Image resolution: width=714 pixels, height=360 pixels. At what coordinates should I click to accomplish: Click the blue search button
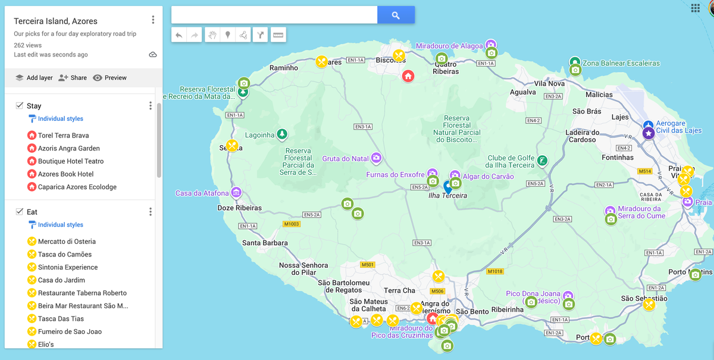coord(396,15)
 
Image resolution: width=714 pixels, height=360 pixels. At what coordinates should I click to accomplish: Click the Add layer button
coord(34,78)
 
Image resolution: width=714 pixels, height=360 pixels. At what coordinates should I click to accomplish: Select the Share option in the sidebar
coord(73,78)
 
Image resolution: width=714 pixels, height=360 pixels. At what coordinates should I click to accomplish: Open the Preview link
coord(110,78)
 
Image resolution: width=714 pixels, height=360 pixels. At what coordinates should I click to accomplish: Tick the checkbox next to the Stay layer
coord(19,106)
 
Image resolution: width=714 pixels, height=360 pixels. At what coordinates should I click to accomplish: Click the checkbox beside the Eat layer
coord(19,212)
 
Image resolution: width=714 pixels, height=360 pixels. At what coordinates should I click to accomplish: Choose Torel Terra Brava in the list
coord(63,136)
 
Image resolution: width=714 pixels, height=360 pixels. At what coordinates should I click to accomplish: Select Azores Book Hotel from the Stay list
coord(65,174)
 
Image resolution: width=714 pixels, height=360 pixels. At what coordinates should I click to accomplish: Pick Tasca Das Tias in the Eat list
coord(61,319)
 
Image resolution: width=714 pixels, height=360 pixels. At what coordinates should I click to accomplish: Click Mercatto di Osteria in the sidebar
coord(67,242)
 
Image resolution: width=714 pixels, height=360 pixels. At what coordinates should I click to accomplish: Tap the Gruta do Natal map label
coord(345,159)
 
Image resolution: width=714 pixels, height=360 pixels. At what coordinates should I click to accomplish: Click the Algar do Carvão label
coord(488,177)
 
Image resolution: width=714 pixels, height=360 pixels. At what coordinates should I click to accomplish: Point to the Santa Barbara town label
coord(265,243)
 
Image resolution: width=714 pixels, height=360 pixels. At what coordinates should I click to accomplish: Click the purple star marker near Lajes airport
coord(649,134)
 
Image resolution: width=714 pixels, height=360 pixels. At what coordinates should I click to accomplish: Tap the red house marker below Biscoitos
coord(408,76)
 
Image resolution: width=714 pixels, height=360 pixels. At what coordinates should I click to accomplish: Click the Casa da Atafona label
coord(202,193)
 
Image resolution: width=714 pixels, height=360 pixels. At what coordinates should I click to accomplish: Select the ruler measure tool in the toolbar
coord(278,35)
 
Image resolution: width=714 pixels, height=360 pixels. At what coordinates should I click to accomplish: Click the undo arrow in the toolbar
coord(179,35)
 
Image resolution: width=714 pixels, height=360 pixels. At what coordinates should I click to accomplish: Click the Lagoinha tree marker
coord(282,134)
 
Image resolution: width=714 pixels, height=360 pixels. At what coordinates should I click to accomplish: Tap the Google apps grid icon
coord(696,8)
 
